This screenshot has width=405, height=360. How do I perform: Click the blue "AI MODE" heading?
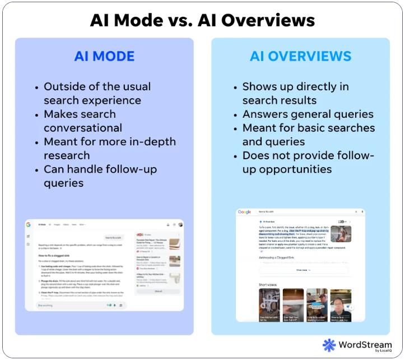(104, 57)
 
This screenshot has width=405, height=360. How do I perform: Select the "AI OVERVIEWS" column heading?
(300, 57)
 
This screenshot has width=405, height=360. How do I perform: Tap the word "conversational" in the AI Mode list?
(83, 128)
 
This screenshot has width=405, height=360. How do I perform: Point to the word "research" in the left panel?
(67, 155)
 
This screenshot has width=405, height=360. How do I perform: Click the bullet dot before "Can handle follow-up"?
(37, 169)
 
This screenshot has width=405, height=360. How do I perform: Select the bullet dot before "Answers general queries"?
(235, 114)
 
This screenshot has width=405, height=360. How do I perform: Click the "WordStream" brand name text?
(364, 343)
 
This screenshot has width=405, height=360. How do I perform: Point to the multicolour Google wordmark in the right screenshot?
(245, 212)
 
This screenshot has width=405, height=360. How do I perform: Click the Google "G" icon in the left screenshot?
(28, 224)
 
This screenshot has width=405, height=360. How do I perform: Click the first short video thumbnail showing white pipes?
(269, 304)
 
